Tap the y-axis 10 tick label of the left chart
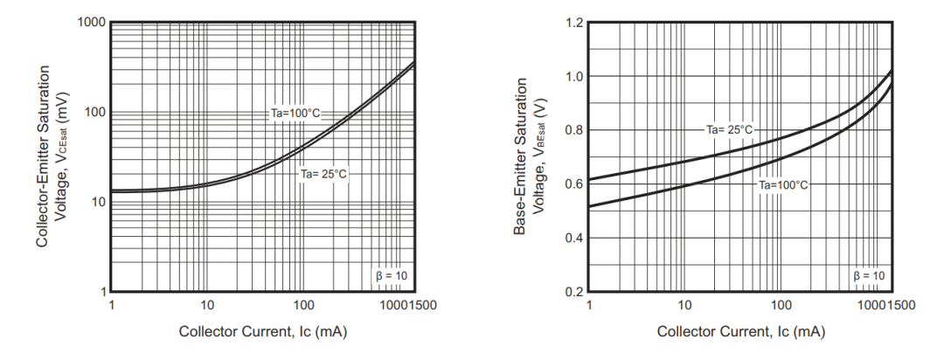(98, 203)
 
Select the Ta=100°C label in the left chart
(295, 114)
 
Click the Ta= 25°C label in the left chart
(323, 174)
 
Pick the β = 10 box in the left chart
(391, 276)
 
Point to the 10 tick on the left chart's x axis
(207, 306)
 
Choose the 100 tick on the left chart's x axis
(303, 306)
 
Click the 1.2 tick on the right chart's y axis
(573, 22)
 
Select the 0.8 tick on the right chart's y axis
(573, 130)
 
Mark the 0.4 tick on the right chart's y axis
(573, 239)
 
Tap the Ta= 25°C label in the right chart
(729, 129)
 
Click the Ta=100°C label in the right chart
(782, 185)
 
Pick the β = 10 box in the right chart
(868, 276)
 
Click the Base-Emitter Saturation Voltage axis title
(530, 156)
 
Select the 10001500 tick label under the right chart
(886, 306)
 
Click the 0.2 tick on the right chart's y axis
(573, 292)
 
